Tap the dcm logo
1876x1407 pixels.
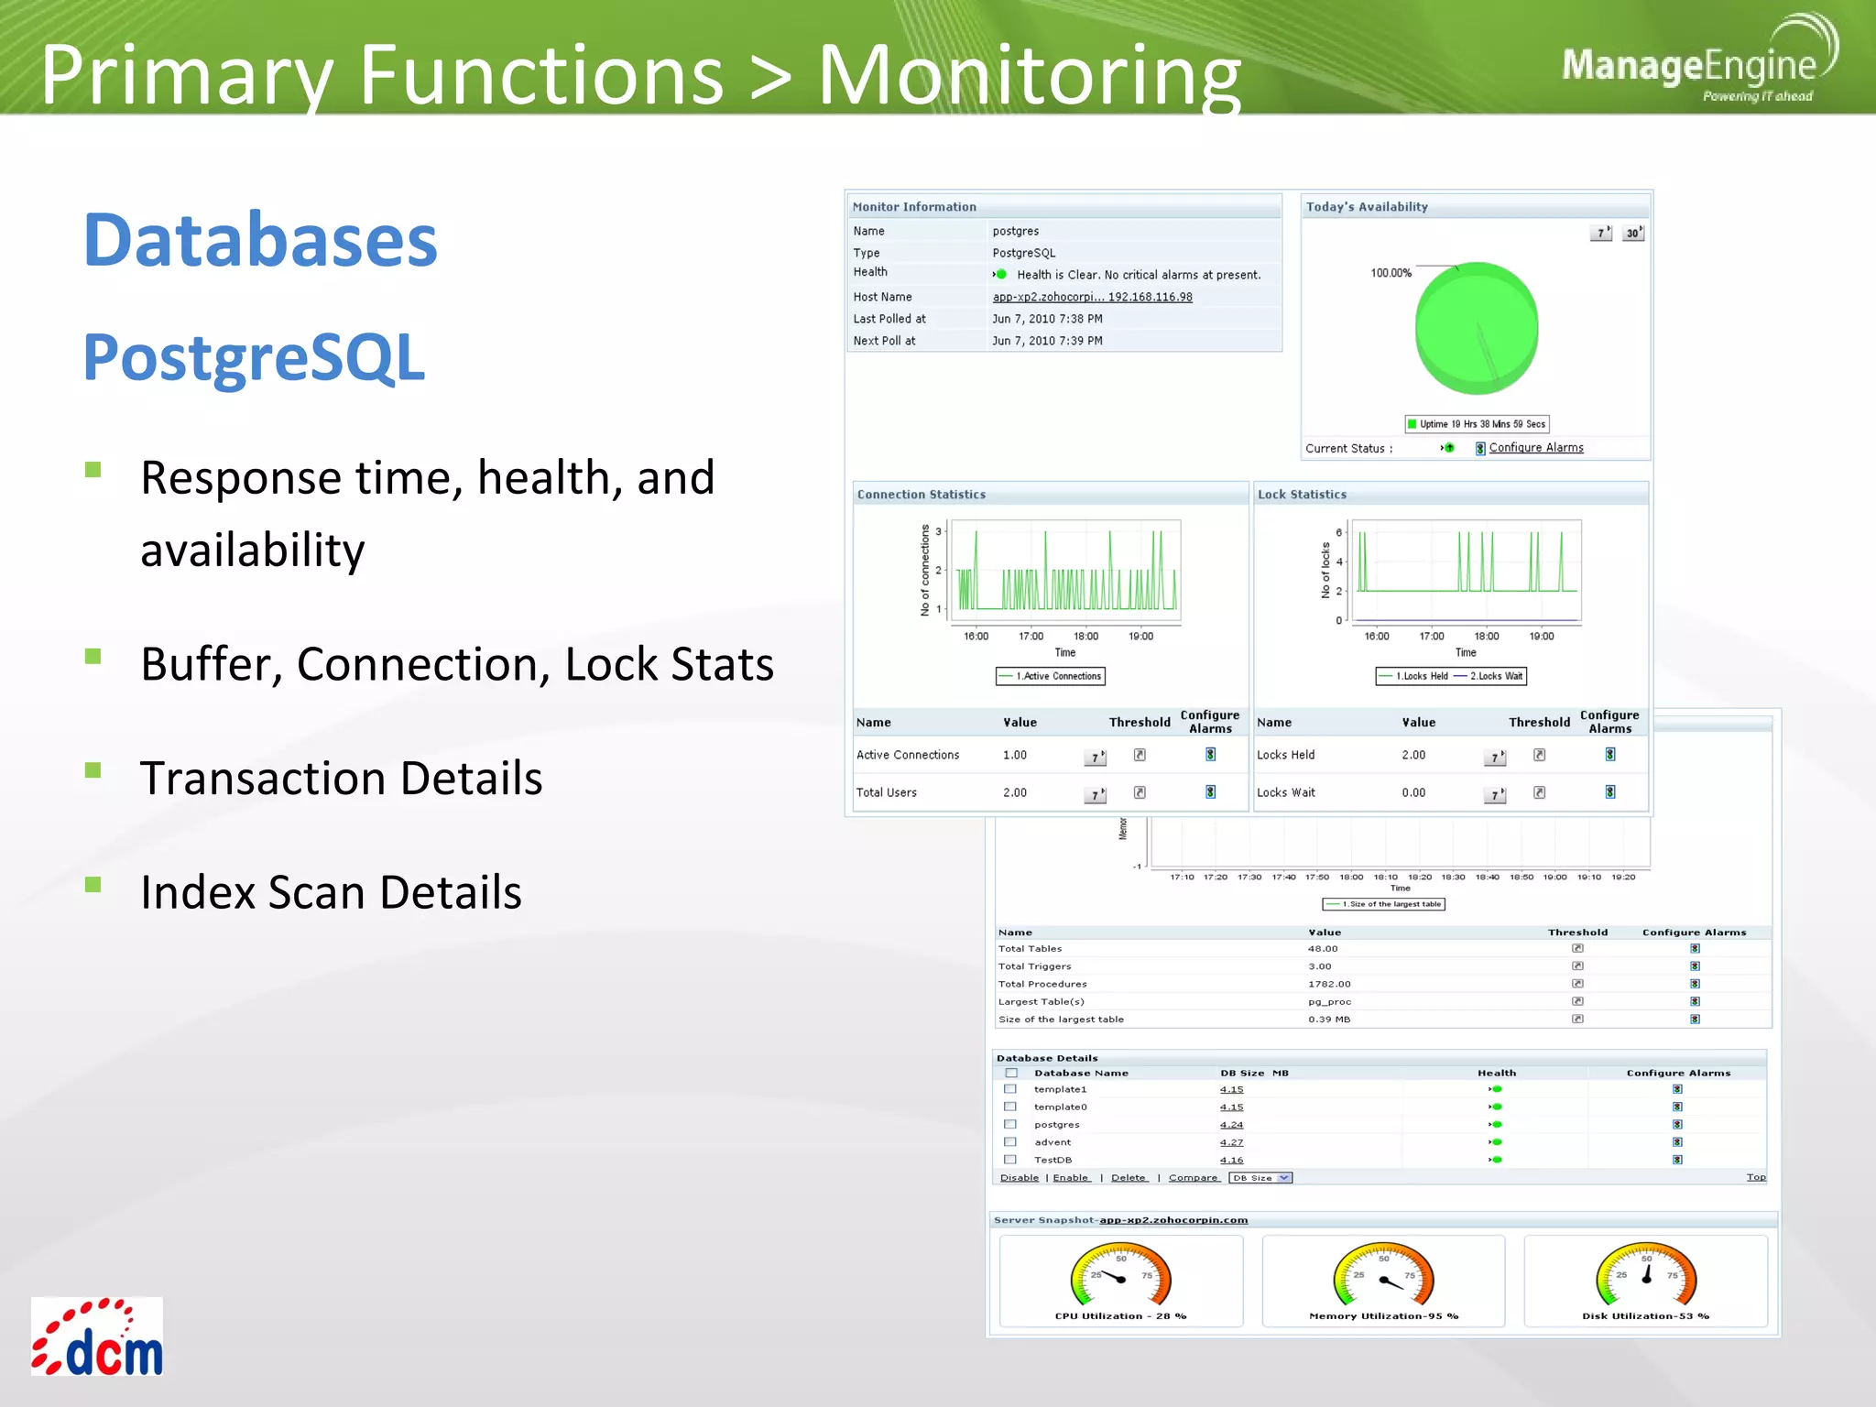pyautogui.click(x=97, y=1337)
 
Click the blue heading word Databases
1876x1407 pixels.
pyautogui.click(x=261, y=240)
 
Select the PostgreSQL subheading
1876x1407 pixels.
pyautogui.click(x=254, y=357)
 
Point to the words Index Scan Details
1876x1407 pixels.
pyautogui.click(x=331, y=892)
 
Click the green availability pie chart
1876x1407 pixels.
pyautogui.click(x=1476, y=328)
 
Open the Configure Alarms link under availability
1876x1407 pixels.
pyautogui.click(x=1535, y=448)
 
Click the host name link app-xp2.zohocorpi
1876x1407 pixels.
pyautogui.click(x=1092, y=297)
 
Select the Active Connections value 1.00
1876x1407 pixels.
pyautogui.click(x=1014, y=755)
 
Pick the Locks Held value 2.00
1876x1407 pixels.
pyautogui.click(x=1413, y=755)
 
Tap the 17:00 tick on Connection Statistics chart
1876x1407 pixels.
pyautogui.click(x=1031, y=636)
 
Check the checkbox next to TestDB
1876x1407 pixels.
pyautogui.click(x=1010, y=1160)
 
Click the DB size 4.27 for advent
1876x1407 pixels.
pyautogui.click(x=1231, y=1142)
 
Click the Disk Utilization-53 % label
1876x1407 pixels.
pyautogui.click(x=1645, y=1316)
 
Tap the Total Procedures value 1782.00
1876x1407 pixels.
pyautogui.click(x=1328, y=984)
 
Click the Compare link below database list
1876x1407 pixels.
pyautogui.click(x=1194, y=1178)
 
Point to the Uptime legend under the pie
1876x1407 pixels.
pyautogui.click(x=1477, y=424)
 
